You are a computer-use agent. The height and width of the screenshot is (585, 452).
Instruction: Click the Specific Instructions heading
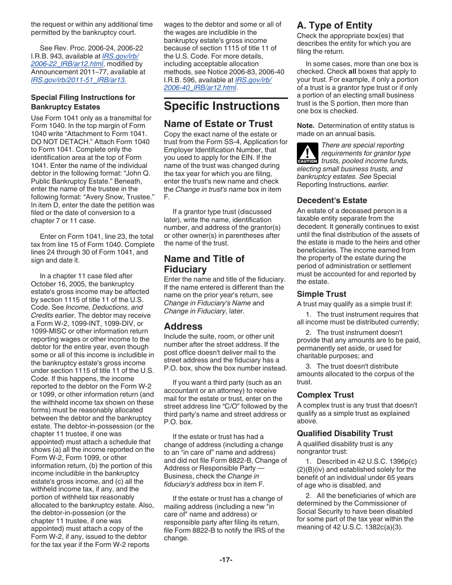point(222,106)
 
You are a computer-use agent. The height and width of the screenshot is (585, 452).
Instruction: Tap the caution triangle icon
point(307,154)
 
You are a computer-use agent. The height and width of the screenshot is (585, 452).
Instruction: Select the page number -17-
point(226,560)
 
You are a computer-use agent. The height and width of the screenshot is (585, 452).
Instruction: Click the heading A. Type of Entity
point(334,25)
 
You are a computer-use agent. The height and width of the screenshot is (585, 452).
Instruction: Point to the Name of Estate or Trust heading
point(218,124)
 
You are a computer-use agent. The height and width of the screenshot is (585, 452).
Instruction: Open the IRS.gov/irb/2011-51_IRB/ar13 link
point(79,80)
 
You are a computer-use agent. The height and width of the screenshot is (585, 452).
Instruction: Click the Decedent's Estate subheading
point(332,200)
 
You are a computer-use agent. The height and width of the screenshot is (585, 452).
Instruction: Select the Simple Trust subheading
point(322,294)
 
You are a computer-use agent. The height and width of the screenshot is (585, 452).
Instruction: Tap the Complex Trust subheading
point(325,395)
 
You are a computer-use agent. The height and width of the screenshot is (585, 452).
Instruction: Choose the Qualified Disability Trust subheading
point(345,433)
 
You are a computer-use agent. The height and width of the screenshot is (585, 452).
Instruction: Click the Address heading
point(183,326)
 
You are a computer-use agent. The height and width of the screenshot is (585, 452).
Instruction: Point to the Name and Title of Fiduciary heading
point(204,264)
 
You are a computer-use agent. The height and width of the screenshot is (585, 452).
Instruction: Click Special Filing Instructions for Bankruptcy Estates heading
point(83,102)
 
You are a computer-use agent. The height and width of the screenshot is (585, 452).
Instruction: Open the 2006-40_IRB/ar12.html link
point(200,88)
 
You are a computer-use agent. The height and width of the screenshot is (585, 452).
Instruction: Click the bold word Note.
point(305,126)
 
